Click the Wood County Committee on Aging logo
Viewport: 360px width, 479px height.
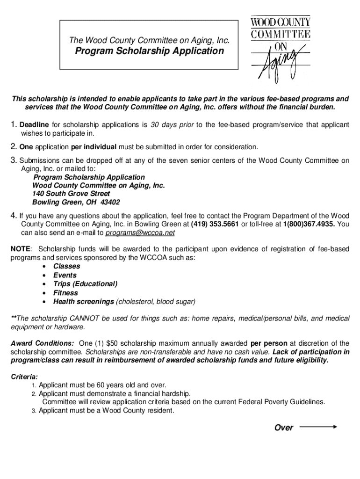tap(281, 49)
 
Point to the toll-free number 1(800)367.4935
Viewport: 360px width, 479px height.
tap(309, 224)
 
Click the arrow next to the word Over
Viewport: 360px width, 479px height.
tap(318, 427)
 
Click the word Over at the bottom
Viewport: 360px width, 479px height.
tap(284, 428)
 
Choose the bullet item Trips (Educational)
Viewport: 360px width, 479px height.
tap(85, 284)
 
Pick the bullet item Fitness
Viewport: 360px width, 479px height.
tap(65, 293)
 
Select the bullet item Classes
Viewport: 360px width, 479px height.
tap(66, 266)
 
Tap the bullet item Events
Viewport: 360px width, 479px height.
tap(65, 275)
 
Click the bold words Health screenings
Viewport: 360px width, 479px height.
tap(84, 302)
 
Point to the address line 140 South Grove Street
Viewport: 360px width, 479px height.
tap(71, 194)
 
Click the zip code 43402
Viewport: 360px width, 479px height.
tap(110, 203)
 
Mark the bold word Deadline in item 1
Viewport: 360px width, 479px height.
tap(34, 125)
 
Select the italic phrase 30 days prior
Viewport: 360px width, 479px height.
tap(172, 125)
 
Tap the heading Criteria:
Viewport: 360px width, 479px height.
tap(24, 377)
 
